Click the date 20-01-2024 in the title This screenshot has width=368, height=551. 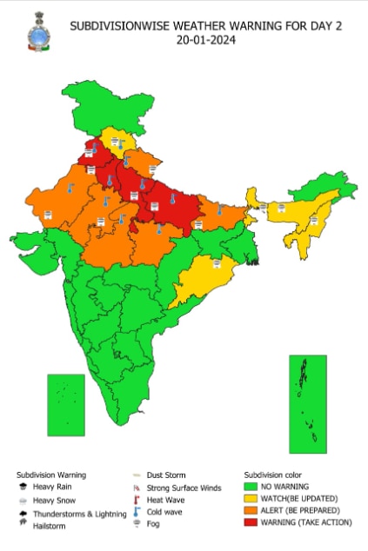(205, 40)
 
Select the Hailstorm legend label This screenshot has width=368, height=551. (50, 526)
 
